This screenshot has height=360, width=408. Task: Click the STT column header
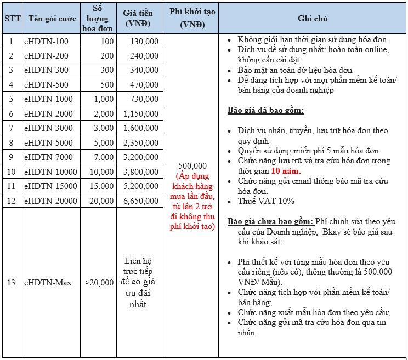pos(12,19)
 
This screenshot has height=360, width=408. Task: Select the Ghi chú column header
pos(313,19)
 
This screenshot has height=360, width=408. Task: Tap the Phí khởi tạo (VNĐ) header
pos(191,19)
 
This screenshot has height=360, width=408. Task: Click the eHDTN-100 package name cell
pos(46,41)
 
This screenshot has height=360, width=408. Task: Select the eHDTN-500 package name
pos(46,84)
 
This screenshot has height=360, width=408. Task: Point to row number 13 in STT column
pos(12,283)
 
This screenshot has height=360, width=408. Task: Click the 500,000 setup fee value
pos(192,166)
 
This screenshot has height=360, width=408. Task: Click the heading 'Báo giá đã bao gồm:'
pos(265,110)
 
